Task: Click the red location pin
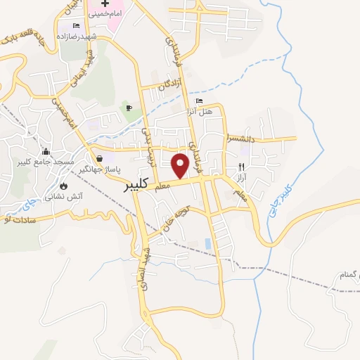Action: pyautogui.click(x=181, y=165)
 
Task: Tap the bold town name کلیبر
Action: pyautogui.click(x=135, y=185)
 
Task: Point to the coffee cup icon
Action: pyautogui.click(x=128, y=107)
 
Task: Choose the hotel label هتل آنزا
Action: pyautogui.click(x=198, y=112)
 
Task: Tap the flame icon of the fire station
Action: pyautogui.click(x=64, y=186)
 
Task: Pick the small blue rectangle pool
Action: pyautogui.click(x=207, y=243)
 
